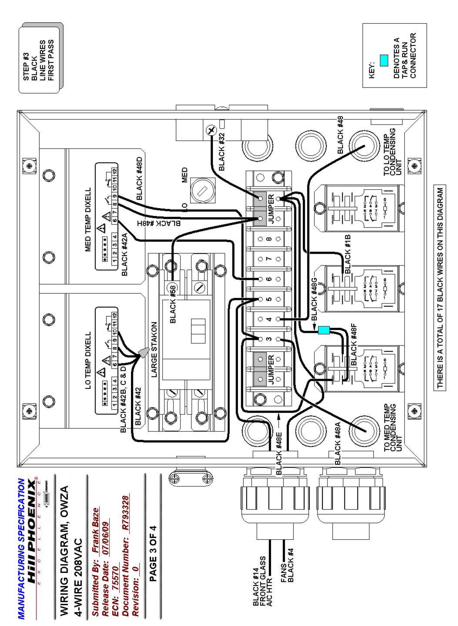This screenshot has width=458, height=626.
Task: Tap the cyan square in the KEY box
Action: click(x=384, y=61)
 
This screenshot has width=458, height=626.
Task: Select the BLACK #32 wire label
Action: click(x=222, y=151)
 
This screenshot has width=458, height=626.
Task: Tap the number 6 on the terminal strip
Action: click(x=269, y=279)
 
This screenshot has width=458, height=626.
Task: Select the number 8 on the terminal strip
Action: click(x=269, y=239)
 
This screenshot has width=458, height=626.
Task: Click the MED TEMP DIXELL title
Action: click(x=88, y=219)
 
